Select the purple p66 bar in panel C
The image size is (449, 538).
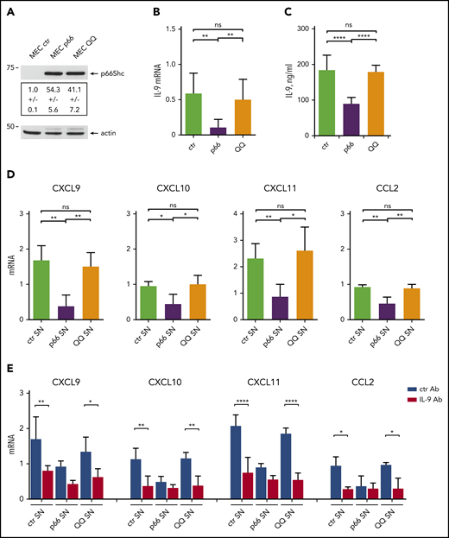click(350, 130)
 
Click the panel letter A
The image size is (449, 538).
click(12, 11)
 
